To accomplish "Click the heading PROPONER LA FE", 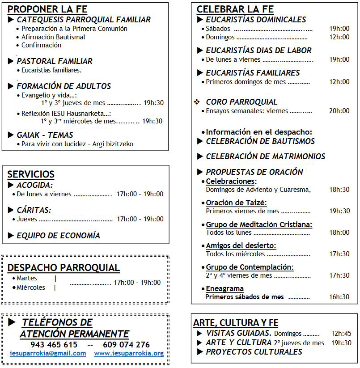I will [x=47, y=9].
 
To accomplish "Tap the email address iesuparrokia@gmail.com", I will [x=48, y=353].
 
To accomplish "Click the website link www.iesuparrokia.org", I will [x=129, y=353].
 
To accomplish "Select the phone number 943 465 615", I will [x=54, y=345].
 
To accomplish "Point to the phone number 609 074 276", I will [x=126, y=345].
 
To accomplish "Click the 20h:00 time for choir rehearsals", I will [x=339, y=111].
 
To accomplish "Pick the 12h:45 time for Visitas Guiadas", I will [x=341, y=333].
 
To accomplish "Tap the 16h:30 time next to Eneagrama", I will [x=339, y=297].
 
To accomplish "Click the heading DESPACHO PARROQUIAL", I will [x=64, y=268].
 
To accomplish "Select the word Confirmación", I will [x=41, y=45].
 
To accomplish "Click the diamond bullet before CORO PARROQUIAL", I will [x=196, y=102].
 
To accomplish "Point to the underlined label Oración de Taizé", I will [x=236, y=203].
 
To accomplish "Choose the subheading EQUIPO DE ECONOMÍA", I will [x=58, y=236].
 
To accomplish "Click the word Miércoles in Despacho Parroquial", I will [x=31, y=288].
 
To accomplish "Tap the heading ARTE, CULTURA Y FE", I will [x=236, y=323].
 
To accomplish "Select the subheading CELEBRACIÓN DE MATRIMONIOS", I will [x=265, y=157].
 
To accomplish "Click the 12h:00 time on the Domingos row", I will [x=339, y=37].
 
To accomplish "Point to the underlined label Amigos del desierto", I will [x=241, y=246].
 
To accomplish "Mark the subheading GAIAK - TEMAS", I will [x=45, y=135].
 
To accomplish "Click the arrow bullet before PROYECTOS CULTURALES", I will [x=199, y=352].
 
